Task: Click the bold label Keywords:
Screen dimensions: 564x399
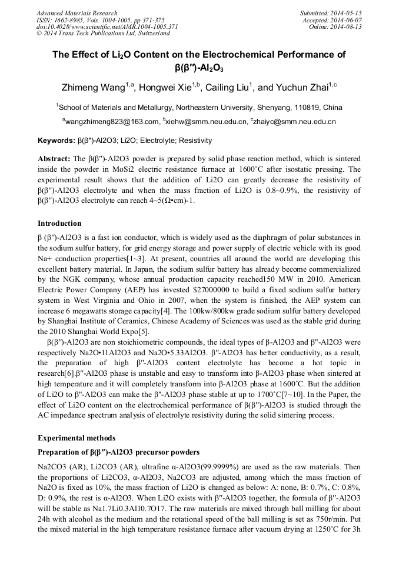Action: tap(56, 141)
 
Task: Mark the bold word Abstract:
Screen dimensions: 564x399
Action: tap(54, 159)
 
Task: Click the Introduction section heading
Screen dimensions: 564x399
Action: tap(59, 223)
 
